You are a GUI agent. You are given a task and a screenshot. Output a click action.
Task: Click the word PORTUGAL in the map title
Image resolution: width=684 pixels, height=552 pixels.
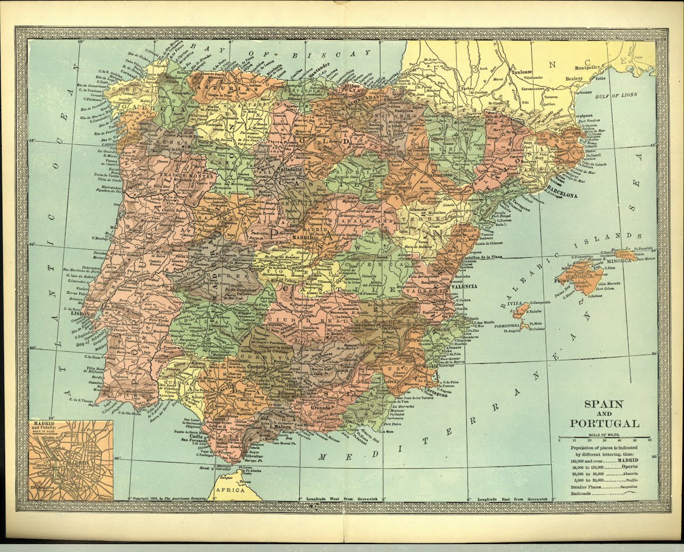point(605,423)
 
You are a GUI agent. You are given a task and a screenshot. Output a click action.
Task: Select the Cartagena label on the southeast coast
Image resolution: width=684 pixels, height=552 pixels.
point(435,394)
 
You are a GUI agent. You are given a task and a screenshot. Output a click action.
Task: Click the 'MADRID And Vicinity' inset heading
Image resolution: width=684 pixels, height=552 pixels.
point(43,427)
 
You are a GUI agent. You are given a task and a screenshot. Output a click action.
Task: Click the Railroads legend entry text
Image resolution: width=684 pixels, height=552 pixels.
point(584,494)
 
